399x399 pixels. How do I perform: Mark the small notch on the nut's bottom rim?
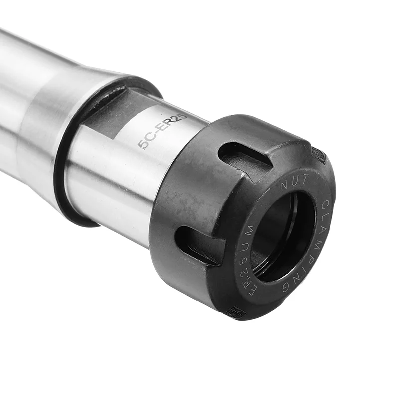(235, 312)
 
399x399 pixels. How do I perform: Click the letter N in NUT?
(284, 185)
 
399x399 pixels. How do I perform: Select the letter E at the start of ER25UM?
(252, 290)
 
